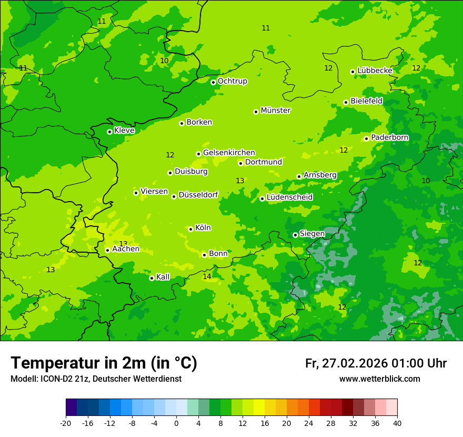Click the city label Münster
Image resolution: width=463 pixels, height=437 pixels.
[275, 111]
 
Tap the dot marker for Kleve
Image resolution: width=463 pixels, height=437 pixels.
[109, 132]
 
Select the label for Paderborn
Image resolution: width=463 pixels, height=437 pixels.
[389, 137]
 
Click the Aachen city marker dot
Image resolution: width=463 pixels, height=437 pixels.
[107, 250]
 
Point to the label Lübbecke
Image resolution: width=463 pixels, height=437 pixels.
[375, 71]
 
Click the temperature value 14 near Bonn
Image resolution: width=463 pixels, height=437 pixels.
[207, 276]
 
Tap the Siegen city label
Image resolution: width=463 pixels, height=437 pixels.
[312, 234]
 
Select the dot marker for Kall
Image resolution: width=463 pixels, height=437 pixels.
[152, 278]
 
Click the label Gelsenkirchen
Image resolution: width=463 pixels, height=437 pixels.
[229, 153]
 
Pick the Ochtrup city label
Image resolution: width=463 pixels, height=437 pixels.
[232, 81]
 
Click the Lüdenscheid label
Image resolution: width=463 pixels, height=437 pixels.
[289, 197]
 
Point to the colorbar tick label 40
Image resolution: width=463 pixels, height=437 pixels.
[397, 423]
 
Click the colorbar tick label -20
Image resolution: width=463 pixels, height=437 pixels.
[66, 423]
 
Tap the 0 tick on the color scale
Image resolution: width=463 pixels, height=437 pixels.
[176, 423]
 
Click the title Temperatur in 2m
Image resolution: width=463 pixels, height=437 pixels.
[104, 363]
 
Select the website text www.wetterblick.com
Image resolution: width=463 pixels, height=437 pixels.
[379, 379]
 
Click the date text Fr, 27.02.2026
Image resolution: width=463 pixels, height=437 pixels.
[346, 363]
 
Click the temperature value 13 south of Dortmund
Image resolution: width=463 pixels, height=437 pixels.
[240, 181]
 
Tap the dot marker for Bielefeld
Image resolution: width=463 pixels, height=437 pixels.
[346, 102]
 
